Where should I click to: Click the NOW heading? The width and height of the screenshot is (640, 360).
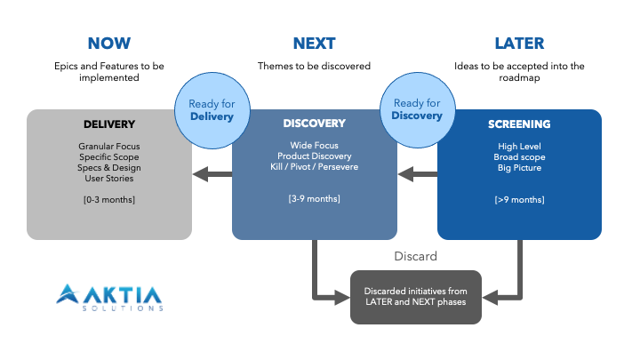109,43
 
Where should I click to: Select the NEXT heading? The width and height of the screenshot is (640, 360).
314,43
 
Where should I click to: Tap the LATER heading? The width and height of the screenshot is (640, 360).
519,43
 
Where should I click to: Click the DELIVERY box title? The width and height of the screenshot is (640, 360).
109,124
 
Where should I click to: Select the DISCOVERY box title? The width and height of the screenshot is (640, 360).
314,124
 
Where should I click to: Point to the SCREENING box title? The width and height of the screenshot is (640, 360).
519,124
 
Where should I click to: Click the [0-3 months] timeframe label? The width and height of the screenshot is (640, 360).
109,199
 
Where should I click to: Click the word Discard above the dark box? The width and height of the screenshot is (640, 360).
416,257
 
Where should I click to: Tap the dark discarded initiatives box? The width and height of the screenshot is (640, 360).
416,297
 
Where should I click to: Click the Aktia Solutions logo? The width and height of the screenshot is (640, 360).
109,297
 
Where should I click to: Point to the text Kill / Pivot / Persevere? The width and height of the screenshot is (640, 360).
314,167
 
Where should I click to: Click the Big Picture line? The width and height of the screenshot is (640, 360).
519,167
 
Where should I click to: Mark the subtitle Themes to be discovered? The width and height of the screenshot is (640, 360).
314,66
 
